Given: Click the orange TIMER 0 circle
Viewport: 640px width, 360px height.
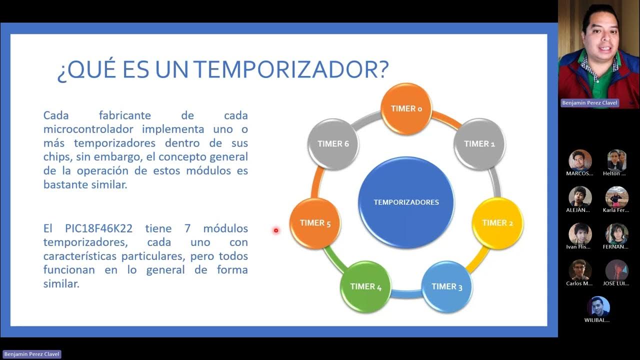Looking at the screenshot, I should point(406,108).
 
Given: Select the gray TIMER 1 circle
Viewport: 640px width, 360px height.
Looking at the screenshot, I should point(479,143).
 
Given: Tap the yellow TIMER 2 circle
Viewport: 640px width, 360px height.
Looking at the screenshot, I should point(497,223).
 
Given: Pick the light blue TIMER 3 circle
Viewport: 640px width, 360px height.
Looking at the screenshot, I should point(447,286).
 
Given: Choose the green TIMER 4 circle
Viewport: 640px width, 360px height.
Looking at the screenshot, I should point(366,286).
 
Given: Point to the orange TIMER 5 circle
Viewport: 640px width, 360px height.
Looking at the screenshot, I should point(315,223).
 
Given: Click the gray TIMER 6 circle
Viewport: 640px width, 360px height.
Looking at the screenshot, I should point(333,143).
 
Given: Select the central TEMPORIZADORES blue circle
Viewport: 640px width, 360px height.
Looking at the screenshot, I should point(406,202).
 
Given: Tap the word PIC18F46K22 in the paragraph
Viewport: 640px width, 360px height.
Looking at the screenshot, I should point(98,228).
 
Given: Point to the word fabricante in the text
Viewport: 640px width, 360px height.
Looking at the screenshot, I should point(125,115).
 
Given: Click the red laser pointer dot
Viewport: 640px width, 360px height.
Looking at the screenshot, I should point(275,230).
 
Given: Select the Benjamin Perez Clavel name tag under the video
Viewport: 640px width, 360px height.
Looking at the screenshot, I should point(590,103).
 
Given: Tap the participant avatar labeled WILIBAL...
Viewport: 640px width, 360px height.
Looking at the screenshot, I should point(598,307).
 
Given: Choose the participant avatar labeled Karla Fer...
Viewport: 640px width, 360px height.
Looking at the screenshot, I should point(616,197).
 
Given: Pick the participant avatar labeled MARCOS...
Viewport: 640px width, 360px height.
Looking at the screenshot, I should point(580,160).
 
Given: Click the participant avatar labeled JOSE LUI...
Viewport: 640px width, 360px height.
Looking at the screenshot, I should point(616,270).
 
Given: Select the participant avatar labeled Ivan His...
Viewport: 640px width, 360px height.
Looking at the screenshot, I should point(580,234).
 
